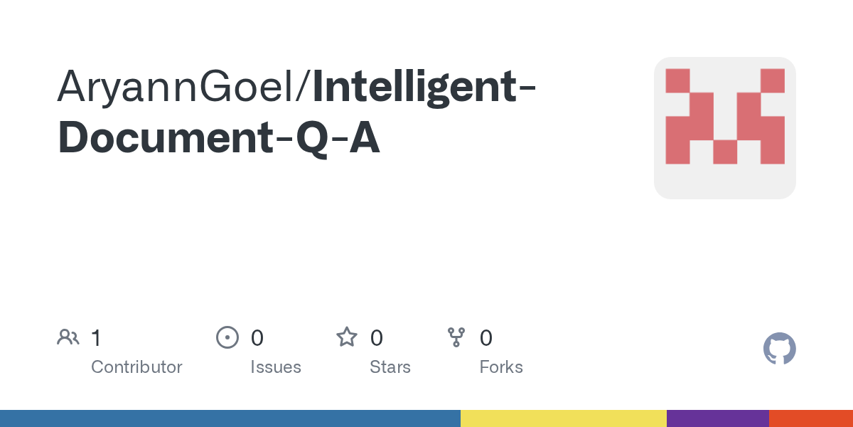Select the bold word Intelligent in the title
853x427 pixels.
pos(415,88)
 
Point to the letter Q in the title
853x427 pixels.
pos(313,139)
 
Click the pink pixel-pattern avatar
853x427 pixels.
pos(724,128)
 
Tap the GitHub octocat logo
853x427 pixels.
pos(779,349)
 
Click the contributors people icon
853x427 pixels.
pos(68,337)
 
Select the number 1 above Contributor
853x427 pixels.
pos(96,337)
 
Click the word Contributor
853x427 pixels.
pos(136,367)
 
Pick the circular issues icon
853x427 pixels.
pos(227,337)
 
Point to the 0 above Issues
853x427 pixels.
pos(257,337)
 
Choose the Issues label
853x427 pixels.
pos(276,367)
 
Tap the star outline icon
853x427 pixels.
pos(347,337)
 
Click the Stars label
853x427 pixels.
pos(390,367)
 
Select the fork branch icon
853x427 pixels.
pos(456,337)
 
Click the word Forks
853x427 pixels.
pos(501,367)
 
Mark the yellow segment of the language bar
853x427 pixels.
pos(563,418)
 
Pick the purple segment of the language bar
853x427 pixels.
pos(717,418)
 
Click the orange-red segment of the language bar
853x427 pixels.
pos(811,418)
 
